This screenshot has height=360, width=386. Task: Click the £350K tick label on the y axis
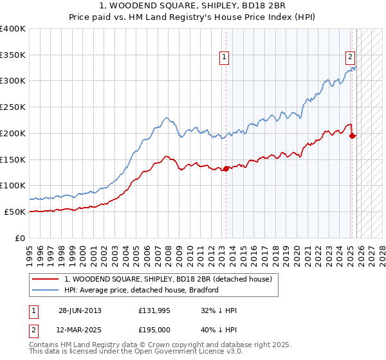point(13,55)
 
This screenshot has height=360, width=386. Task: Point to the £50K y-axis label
point(15,212)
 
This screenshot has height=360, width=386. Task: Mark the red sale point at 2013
point(226,169)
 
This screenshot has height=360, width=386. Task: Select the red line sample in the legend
point(46,279)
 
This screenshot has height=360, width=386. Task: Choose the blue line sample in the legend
point(46,290)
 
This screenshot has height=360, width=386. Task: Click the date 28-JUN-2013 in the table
point(80,310)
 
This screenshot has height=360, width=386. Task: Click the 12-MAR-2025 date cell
point(80,330)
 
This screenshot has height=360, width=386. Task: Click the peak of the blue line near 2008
point(166,118)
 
